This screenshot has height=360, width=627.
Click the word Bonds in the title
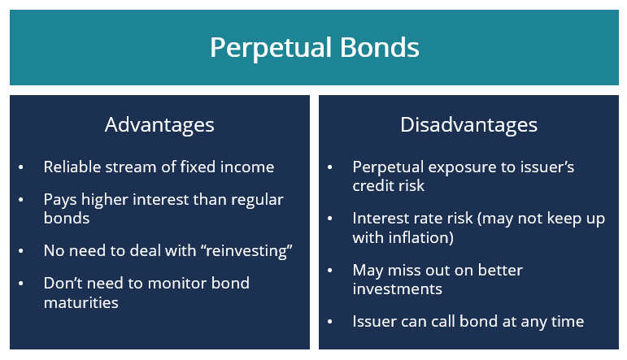(383, 47)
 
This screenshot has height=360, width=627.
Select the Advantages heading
(159, 124)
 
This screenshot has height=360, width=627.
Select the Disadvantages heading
(468, 124)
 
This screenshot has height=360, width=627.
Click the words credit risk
(388, 185)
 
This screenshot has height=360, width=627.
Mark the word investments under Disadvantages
(397, 288)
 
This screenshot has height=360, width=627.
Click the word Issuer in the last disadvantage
(375, 321)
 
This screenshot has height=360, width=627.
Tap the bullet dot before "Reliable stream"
(22, 167)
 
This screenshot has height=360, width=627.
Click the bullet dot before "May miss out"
(330, 271)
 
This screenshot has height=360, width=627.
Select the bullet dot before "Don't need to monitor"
(22, 284)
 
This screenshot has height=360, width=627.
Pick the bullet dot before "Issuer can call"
(330, 322)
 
